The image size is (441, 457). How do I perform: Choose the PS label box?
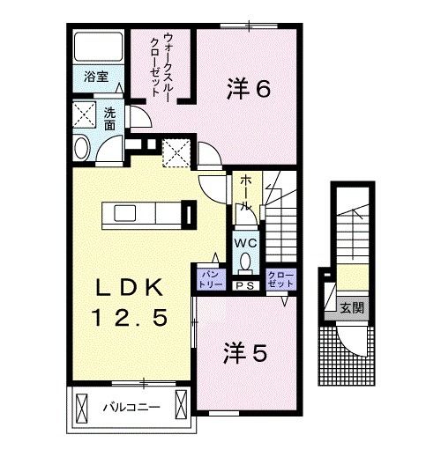244,284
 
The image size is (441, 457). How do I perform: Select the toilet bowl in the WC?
244,261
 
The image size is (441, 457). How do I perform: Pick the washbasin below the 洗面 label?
82,148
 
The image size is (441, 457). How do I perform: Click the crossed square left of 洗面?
85,115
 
